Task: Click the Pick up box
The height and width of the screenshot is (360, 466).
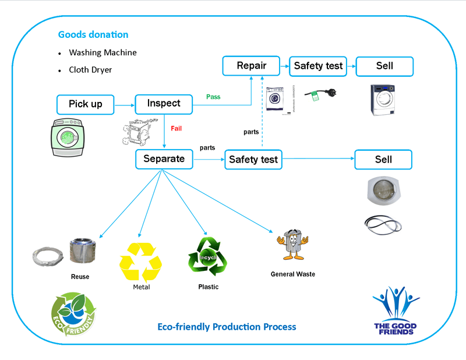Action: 86,104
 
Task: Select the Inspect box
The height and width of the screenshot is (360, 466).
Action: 164,104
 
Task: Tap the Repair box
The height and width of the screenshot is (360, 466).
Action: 252,66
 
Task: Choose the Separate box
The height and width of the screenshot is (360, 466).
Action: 164,158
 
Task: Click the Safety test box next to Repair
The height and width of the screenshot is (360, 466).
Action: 318,66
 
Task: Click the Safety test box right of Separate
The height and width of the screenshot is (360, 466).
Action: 253,160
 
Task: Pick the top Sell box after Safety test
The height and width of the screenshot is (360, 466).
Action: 384,66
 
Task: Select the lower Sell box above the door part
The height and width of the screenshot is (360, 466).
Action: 383,160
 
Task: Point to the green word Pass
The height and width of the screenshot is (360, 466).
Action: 213,97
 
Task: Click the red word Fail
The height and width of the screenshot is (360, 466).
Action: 176,128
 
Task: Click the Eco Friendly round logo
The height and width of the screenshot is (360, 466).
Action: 74,315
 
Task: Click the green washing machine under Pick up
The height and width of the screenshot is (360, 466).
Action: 69,137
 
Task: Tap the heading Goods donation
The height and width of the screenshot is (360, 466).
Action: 93,35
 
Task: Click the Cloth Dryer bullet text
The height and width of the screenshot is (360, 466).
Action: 90,70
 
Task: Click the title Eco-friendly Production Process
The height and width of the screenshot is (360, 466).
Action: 227,327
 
